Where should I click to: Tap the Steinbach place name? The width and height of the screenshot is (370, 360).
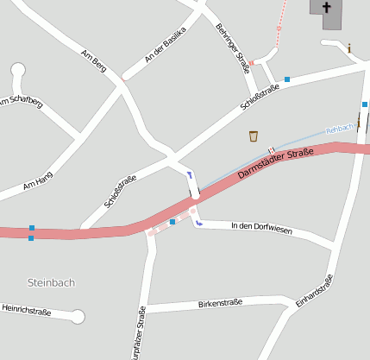pyautogui.click(x=52, y=282)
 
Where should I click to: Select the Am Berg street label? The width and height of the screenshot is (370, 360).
pyautogui.click(x=93, y=63)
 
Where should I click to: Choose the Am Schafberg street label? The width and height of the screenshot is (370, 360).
pyautogui.click(x=21, y=103)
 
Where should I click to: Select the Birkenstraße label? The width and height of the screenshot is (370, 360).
pyautogui.click(x=220, y=303)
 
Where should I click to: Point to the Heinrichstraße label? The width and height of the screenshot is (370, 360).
pyautogui.click(x=27, y=309)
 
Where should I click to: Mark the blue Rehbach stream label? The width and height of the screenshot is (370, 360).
pyautogui.click(x=339, y=129)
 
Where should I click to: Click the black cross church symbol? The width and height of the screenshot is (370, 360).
pyautogui.click(x=327, y=8)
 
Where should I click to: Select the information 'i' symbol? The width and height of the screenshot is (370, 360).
pyautogui.click(x=349, y=48)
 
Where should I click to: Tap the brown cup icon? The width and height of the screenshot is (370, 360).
pyautogui.click(x=254, y=136)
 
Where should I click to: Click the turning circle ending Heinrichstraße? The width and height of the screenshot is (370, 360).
pyautogui.click(x=78, y=317)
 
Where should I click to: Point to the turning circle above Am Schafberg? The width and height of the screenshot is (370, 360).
pyautogui.click(x=18, y=70)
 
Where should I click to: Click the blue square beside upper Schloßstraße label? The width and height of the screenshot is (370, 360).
pyautogui.click(x=287, y=79)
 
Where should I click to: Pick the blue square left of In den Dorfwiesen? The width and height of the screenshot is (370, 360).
pyautogui.click(x=172, y=222)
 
